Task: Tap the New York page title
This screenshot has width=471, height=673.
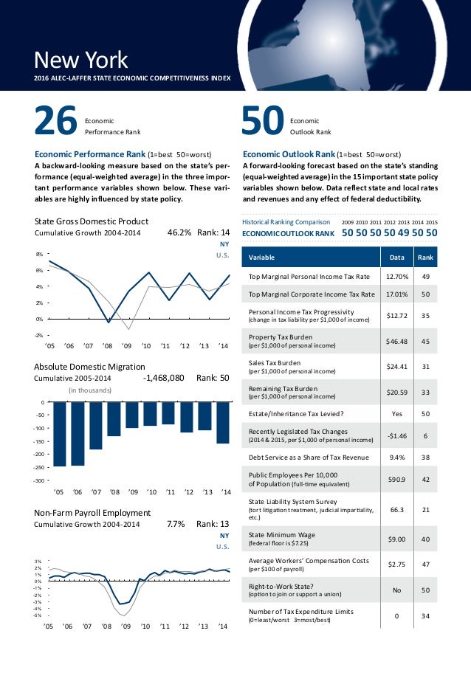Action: tap(81, 59)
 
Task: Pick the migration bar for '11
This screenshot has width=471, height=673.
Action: tap(169, 413)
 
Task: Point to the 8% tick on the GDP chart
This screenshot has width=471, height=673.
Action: tap(38, 253)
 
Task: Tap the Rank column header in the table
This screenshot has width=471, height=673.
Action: tap(425, 258)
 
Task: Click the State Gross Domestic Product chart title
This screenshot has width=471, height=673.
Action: tap(92, 221)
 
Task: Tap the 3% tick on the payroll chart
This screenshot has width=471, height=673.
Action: tap(38, 562)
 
